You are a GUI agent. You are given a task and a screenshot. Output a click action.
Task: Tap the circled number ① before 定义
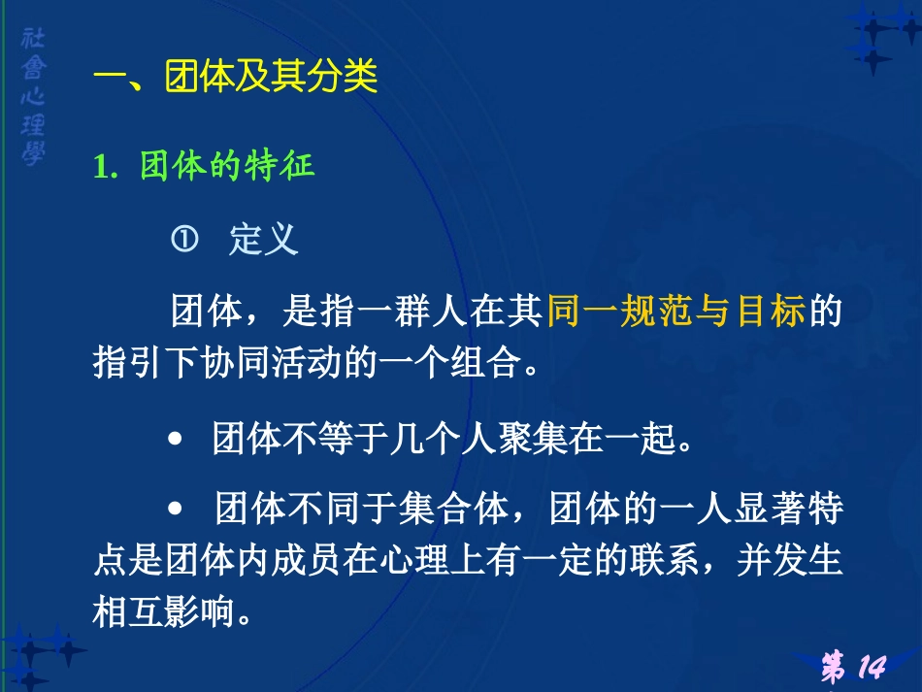(184, 239)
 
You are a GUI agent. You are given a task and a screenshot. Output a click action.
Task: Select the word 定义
(263, 240)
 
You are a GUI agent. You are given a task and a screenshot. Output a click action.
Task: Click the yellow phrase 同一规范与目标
(676, 313)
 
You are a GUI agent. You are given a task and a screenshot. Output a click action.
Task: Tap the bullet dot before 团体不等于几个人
(176, 442)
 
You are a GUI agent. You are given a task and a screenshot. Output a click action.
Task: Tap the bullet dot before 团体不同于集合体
(176, 508)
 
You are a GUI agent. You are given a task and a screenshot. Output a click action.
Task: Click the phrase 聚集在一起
(593, 441)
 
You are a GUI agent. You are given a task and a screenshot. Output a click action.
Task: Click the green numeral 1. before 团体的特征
(105, 166)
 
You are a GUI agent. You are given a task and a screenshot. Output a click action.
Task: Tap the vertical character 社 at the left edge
(32, 41)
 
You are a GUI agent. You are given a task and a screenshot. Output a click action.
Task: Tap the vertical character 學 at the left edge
(32, 153)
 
